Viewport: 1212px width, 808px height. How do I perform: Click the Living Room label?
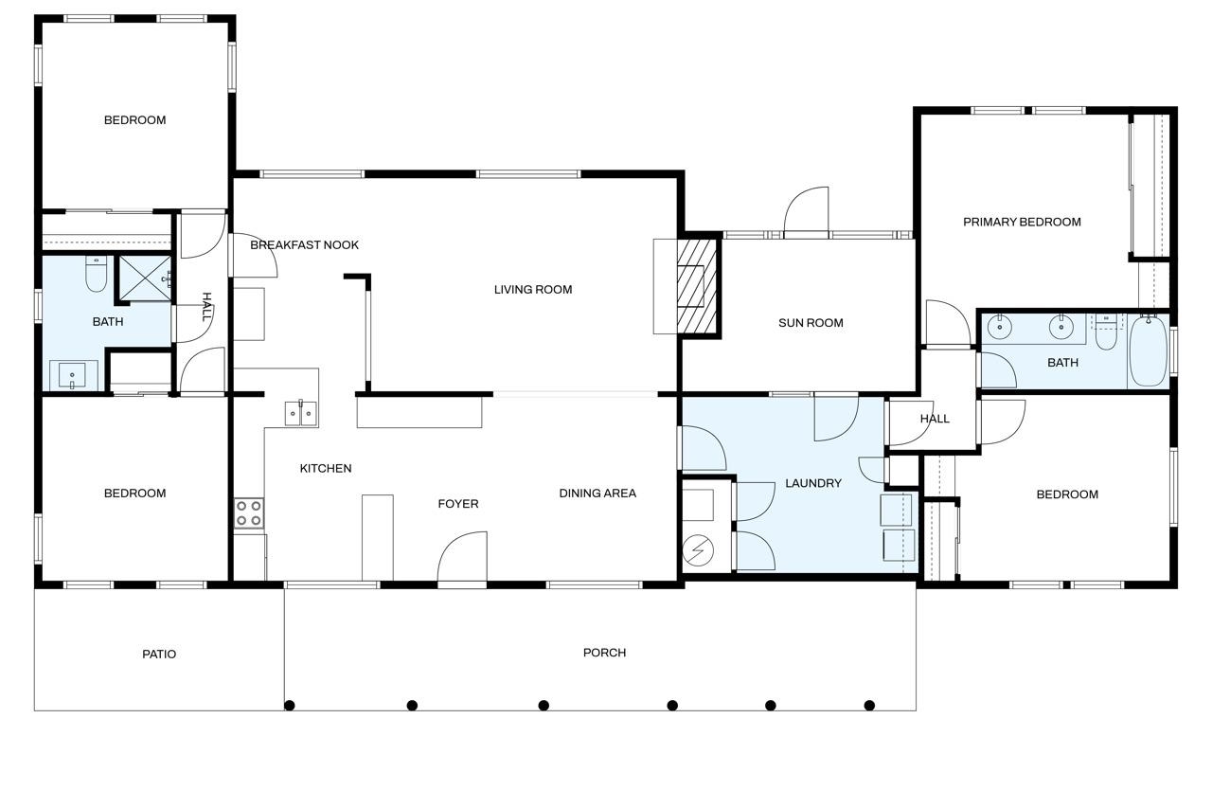(533, 290)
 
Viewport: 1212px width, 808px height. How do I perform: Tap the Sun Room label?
(811, 323)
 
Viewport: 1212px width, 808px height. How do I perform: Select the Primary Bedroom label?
(1022, 222)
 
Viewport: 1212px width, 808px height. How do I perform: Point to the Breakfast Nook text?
(304, 245)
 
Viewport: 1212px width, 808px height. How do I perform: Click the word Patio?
(159, 655)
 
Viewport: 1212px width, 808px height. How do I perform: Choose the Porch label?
(604, 653)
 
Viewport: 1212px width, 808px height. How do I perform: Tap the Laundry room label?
(813, 483)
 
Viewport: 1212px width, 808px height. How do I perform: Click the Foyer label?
(458, 504)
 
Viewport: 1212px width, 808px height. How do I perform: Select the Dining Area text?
(597, 493)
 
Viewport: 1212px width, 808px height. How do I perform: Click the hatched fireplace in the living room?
(698, 287)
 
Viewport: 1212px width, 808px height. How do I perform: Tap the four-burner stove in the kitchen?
(249, 513)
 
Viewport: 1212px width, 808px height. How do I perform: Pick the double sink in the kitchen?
(301, 413)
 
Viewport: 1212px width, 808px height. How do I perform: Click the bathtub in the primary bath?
(1149, 351)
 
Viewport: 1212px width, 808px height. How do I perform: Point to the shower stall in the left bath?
(145, 278)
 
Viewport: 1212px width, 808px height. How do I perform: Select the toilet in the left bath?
(97, 274)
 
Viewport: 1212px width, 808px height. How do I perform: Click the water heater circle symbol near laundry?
(698, 550)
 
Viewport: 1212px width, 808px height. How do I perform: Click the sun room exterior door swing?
(806, 211)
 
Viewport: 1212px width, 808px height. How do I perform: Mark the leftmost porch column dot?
(290, 705)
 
